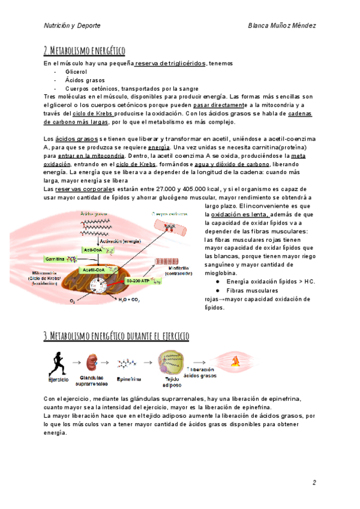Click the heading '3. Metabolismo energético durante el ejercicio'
tap(116, 336)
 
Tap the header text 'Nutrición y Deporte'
tap(72, 26)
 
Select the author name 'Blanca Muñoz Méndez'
tap(281, 26)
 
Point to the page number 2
tap(314, 483)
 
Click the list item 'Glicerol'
tap(76, 71)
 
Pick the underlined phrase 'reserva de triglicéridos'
tap(171, 64)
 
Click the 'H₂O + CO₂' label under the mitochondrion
tap(130, 299)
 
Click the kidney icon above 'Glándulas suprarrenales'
tap(94, 363)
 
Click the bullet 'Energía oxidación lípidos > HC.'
tap(270, 282)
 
